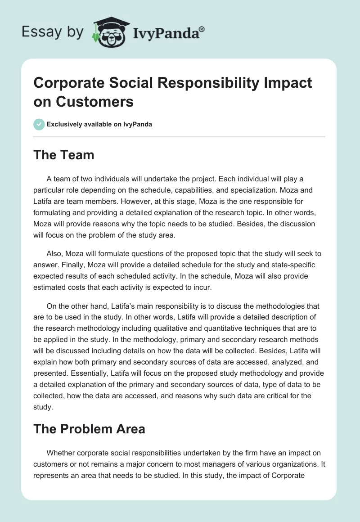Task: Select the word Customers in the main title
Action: (95, 102)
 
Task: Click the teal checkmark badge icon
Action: (39, 124)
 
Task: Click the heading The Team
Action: (64, 155)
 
